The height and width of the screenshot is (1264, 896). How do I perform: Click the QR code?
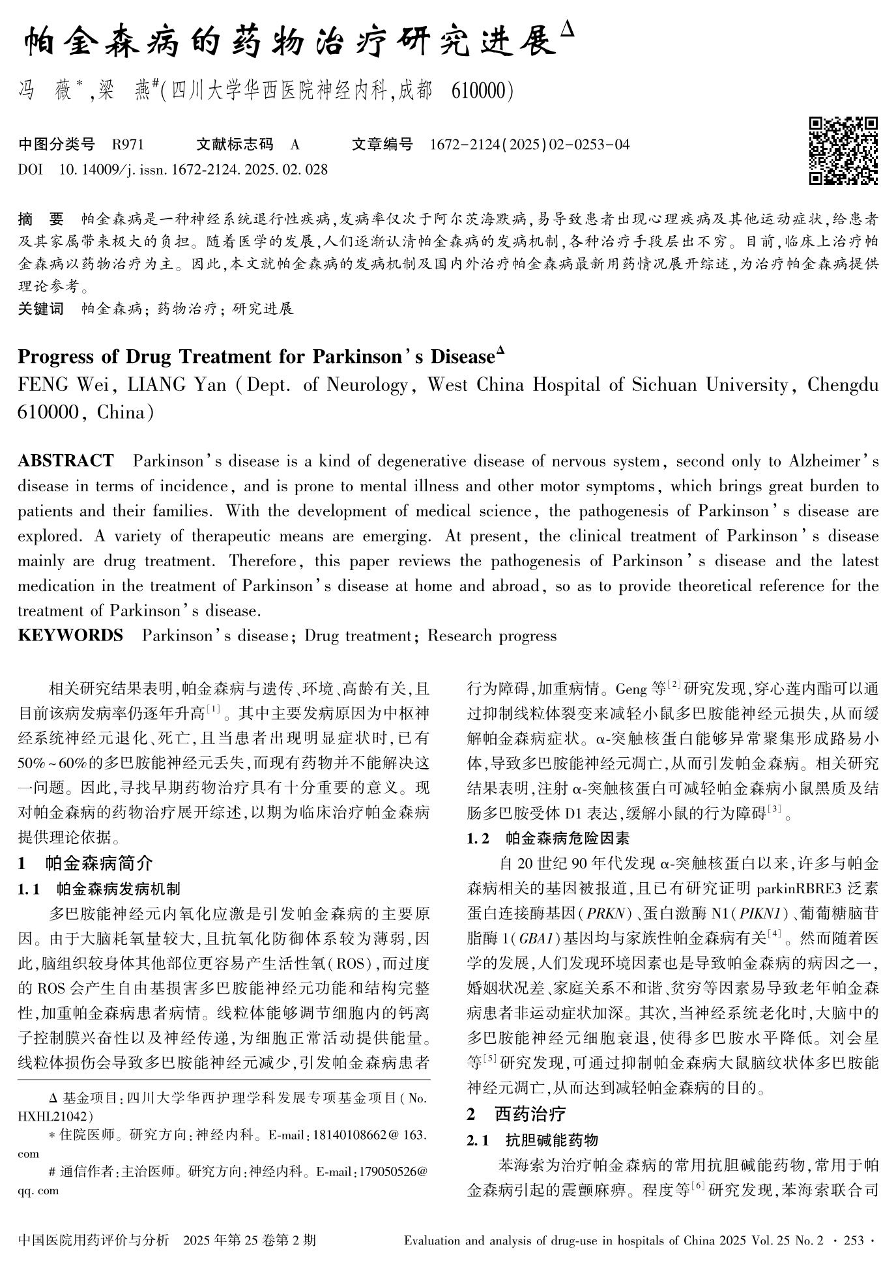(843, 151)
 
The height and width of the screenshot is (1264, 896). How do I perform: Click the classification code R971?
(128, 145)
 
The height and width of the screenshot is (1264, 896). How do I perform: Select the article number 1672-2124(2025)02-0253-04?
(530, 145)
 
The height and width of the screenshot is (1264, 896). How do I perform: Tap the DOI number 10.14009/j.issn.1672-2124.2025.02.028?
(193, 170)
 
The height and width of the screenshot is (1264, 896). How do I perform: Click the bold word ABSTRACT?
(66, 461)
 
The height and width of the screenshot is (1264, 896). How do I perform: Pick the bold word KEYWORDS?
(70, 636)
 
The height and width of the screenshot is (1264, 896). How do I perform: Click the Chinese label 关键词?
(40, 308)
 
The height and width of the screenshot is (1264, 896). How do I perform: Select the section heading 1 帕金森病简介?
(85, 864)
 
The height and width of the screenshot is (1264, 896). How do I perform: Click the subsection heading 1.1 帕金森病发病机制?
(99, 889)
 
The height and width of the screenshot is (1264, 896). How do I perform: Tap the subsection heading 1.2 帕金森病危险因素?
(548, 839)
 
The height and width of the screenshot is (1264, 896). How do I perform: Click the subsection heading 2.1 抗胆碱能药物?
(532, 1140)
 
